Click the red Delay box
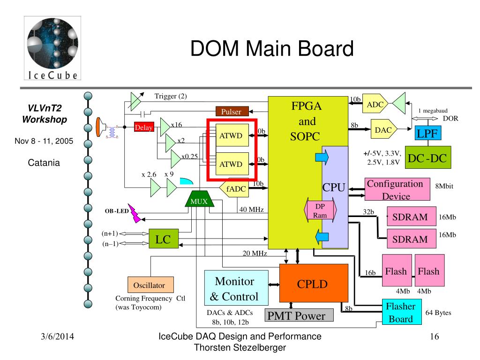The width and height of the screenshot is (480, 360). (143, 127)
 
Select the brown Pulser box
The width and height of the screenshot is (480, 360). (232, 112)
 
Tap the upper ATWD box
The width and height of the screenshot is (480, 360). (232, 135)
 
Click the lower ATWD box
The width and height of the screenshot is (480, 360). (232, 164)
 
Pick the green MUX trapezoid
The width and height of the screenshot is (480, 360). (199, 199)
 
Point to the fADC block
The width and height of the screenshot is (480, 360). (234, 188)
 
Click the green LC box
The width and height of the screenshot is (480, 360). (164, 239)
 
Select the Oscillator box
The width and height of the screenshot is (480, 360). (150, 285)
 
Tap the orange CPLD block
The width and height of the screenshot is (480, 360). (314, 283)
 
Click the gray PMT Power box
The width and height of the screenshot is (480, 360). (299, 315)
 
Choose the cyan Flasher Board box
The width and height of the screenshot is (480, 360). (402, 312)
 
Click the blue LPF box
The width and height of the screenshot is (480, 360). (427, 133)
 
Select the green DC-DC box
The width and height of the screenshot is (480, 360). (427, 157)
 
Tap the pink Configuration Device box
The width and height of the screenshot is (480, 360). (397, 189)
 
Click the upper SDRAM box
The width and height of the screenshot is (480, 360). (412, 217)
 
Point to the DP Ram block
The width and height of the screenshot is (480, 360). (320, 210)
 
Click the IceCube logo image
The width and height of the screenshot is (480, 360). (52, 48)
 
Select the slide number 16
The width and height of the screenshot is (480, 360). (435, 337)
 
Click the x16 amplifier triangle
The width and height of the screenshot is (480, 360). (165, 127)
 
